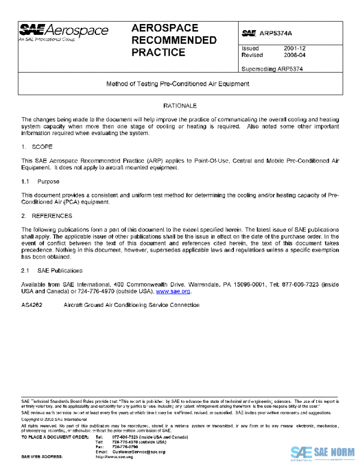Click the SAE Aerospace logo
(64, 32)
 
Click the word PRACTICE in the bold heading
(158, 53)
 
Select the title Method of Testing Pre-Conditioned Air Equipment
(178, 84)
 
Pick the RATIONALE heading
(180, 106)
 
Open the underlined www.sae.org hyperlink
(173, 291)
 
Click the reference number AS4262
(32, 305)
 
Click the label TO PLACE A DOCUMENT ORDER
(55, 437)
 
